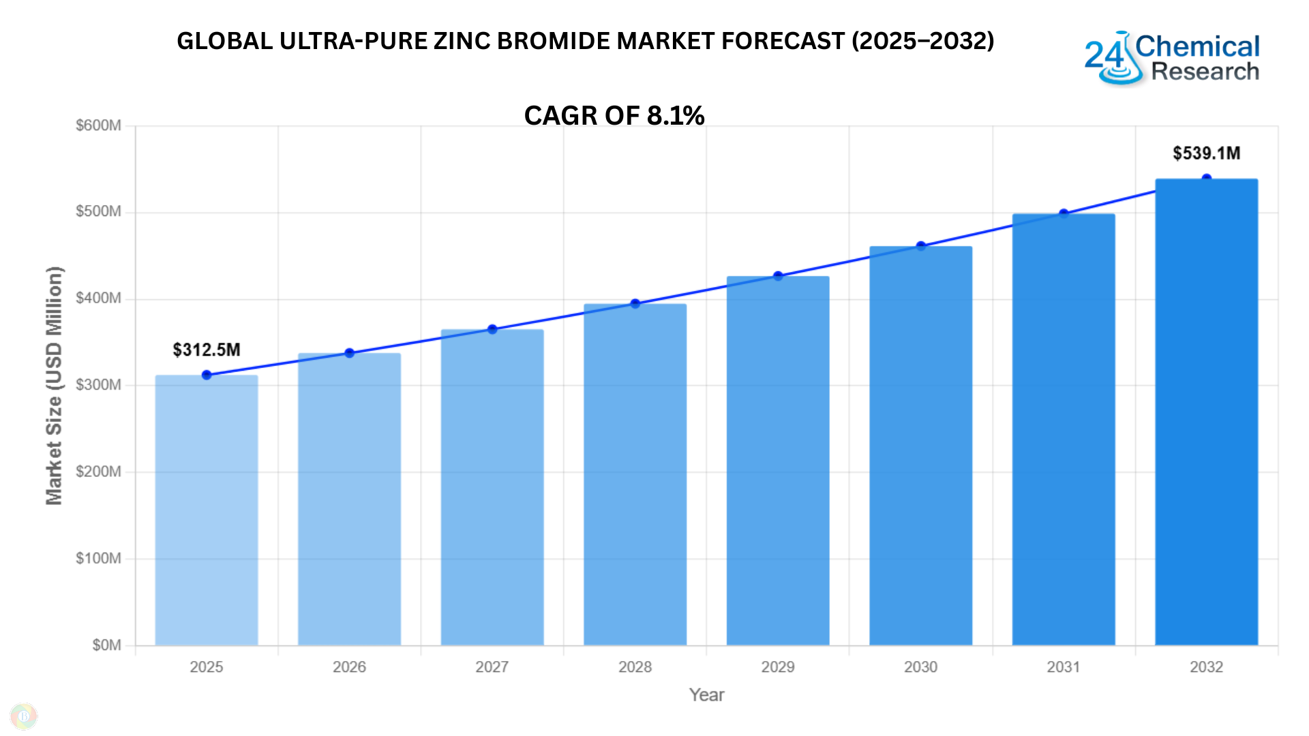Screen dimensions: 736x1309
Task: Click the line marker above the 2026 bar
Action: (x=349, y=353)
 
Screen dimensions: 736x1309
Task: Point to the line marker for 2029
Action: (x=778, y=276)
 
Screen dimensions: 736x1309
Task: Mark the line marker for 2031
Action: (x=1064, y=214)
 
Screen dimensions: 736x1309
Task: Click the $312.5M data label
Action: (x=207, y=350)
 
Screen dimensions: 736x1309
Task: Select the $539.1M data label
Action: (x=1206, y=153)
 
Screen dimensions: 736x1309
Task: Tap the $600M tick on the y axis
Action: (x=98, y=125)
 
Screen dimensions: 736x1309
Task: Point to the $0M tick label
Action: (x=106, y=645)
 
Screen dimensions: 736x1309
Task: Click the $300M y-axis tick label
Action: (x=98, y=385)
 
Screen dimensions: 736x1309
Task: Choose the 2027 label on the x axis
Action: (x=492, y=666)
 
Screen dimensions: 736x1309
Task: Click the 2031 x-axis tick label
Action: (x=1064, y=666)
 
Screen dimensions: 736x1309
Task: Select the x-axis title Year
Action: (x=706, y=694)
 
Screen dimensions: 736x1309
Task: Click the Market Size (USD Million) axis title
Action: (x=55, y=385)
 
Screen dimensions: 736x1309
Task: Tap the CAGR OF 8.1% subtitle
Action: (x=614, y=115)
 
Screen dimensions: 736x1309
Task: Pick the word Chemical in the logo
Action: (x=1197, y=46)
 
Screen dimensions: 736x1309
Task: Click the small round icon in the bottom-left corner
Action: (x=24, y=716)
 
